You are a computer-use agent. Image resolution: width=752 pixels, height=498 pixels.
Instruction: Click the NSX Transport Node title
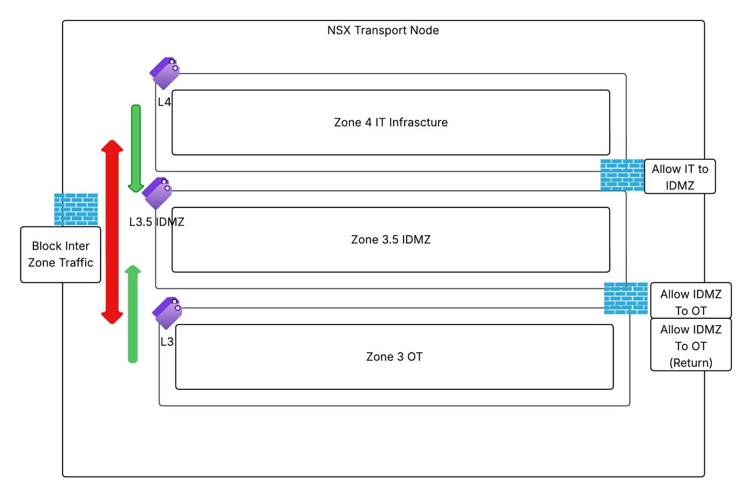383,30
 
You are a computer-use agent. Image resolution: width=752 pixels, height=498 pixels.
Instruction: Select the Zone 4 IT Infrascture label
391,122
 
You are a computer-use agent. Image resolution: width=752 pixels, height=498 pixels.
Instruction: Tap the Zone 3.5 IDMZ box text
391,239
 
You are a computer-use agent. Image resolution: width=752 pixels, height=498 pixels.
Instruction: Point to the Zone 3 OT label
394,356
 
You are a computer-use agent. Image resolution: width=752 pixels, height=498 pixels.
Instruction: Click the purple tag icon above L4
165,73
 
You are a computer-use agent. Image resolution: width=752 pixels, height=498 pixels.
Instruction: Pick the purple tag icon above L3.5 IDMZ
157,193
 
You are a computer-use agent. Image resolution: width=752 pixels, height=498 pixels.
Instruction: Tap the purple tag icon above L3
167,312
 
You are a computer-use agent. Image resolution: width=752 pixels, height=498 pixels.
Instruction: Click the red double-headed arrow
112,231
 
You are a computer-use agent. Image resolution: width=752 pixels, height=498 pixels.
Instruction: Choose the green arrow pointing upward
133,314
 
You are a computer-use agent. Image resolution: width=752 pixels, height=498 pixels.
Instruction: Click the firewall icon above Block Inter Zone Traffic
76,209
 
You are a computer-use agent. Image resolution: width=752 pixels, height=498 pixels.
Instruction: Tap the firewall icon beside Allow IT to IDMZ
622,175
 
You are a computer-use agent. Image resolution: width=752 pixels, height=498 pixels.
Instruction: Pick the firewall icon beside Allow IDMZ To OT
626,298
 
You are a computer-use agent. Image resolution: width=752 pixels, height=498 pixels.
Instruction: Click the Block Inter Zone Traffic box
61,254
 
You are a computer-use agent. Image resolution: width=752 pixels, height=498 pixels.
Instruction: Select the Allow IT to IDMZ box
679,177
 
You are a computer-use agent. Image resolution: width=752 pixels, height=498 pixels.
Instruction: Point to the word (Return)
690,363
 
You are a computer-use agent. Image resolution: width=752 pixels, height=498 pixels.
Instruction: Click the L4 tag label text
164,102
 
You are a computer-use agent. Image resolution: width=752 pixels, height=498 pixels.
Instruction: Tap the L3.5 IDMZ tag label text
157,222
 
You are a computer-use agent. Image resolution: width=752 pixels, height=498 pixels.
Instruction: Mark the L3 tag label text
167,342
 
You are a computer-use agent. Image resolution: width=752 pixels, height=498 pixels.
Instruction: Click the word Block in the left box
45,246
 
